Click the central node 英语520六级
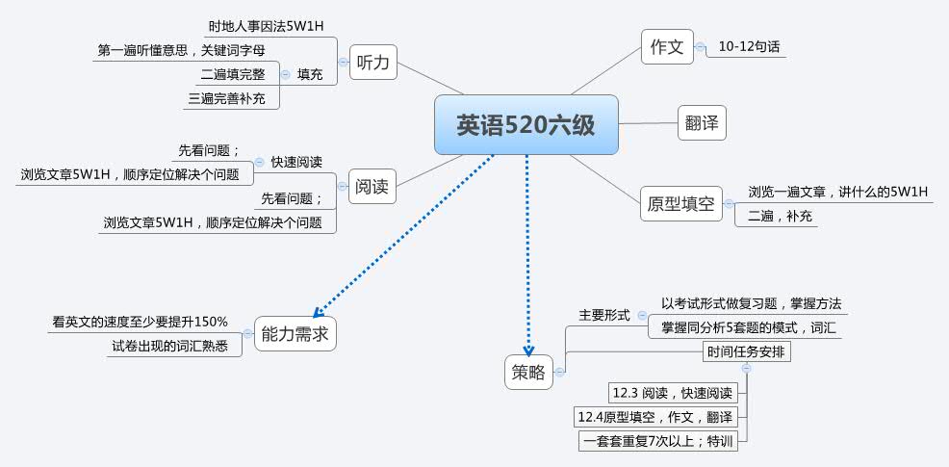click(x=526, y=124)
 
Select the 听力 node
click(x=372, y=63)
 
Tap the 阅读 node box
click(x=372, y=187)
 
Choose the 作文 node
click(x=667, y=47)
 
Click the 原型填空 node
click(x=680, y=203)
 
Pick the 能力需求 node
click(x=295, y=334)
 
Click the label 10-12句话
click(x=747, y=46)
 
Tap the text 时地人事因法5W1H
click(x=266, y=26)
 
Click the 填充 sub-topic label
click(x=310, y=74)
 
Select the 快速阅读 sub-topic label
click(x=296, y=162)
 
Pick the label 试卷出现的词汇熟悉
click(x=169, y=347)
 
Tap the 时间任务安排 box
click(x=747, y=351)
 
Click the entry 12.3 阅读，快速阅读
click(x=673, y=393)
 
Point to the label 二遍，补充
click(x=776, y=217)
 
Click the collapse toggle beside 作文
click(x=700, y=46)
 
